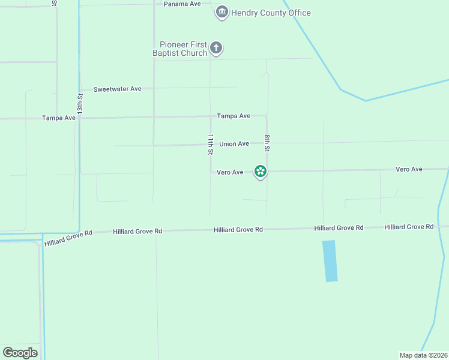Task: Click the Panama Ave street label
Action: click(182, 4)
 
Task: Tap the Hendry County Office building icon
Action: click(222, 12)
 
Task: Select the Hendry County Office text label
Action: click(271, 13)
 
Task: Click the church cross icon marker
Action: click(216, 47)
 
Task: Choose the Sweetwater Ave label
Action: click(117, 89)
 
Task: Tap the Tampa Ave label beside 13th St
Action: click(59, 118)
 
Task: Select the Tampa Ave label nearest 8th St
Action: click(234, 116)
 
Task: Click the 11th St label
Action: click(211, 145)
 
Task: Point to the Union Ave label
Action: click(234, 144)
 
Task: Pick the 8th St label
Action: click(267, 143)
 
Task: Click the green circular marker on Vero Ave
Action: click(260, 172)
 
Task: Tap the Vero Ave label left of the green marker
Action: click(230, 172)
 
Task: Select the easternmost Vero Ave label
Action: click(409, 169)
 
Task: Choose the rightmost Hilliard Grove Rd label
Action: click(409, 227)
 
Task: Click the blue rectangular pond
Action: click(330, 261)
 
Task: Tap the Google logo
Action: click(20, 353)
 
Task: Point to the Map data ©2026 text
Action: click(423, 355)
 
